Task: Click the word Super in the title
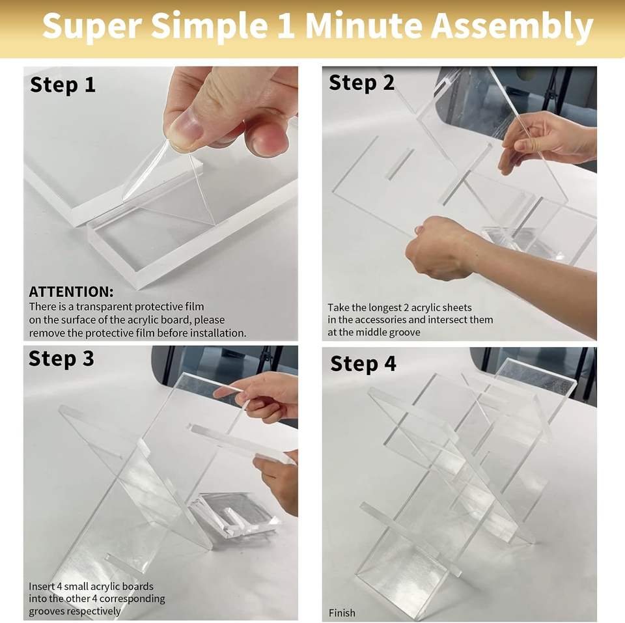[92, 27]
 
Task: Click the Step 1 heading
[62, 85]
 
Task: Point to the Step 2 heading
[361, 83]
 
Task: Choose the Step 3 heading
[61, 359]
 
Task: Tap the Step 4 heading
[363, 364]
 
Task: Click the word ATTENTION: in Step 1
[71, 292]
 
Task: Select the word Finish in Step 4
[342, 613]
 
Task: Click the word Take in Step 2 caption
[339, 308]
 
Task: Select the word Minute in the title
[363, 26]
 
